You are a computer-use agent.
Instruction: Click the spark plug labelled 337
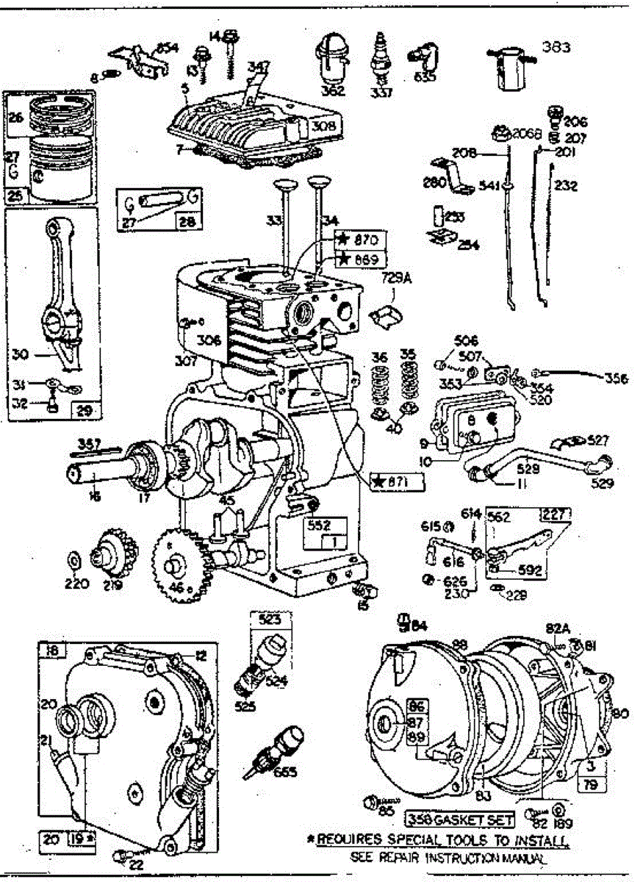click(x=381, y=59)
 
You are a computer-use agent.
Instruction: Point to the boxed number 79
click(x=590, y=786)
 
